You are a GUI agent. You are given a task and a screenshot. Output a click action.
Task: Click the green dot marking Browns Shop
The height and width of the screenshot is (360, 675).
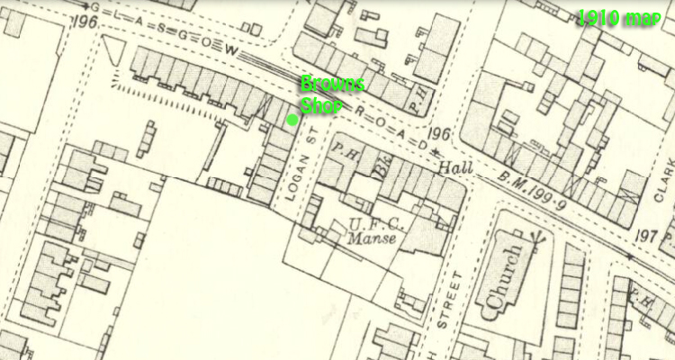pos(292,120)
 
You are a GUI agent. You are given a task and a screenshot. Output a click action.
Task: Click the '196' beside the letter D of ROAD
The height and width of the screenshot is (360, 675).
pos(439,135)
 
